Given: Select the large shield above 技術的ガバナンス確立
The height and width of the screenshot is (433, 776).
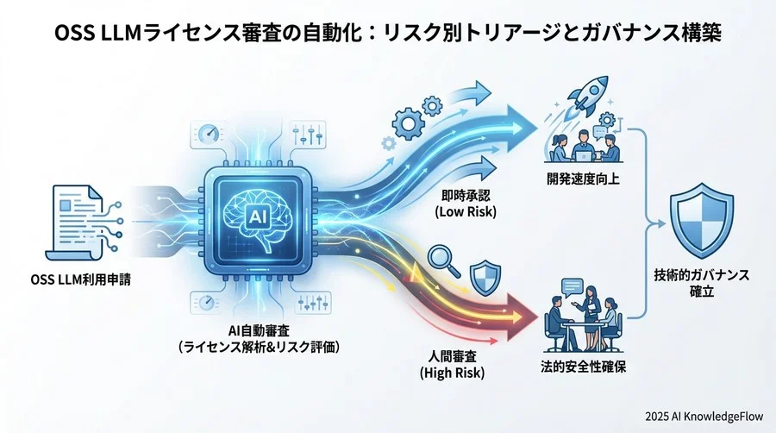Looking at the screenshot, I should [702, 222].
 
